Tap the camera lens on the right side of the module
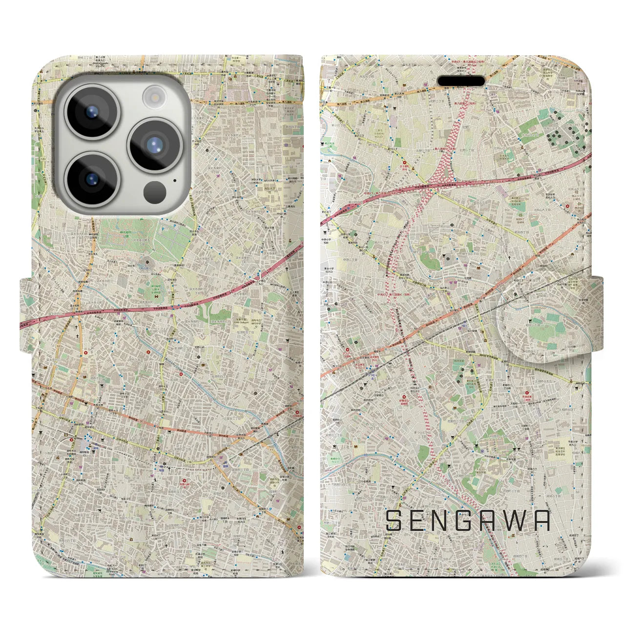pos(155,145)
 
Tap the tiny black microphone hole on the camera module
pos(174,180)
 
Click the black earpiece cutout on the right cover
pos(461,81)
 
